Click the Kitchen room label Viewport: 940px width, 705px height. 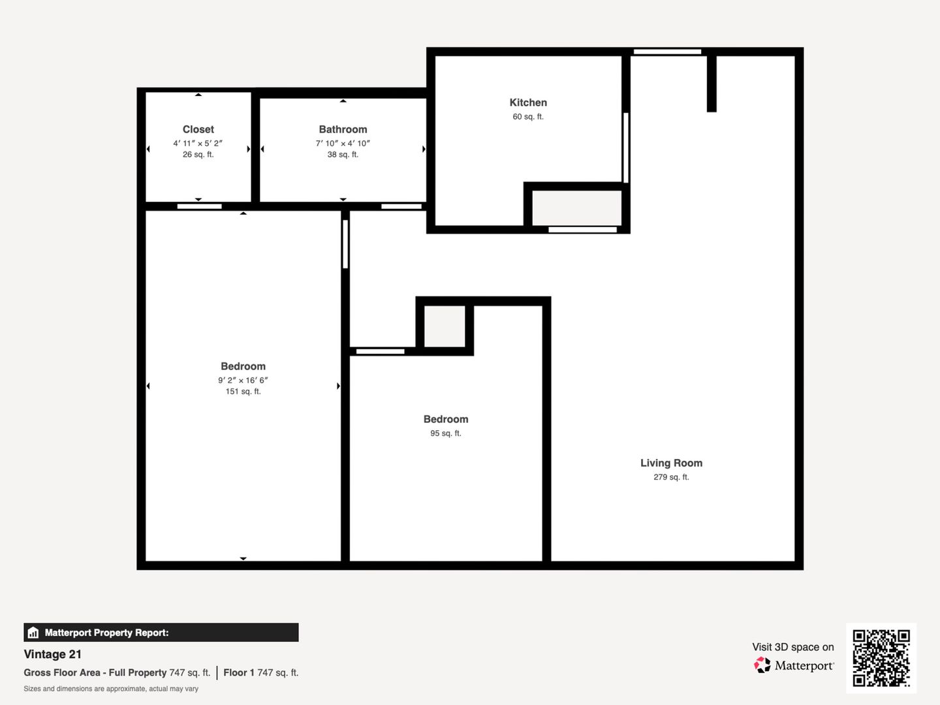528,102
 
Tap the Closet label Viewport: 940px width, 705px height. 198,129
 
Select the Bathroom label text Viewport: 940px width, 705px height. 343,129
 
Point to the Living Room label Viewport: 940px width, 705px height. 671,463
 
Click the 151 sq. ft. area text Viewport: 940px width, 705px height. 243,391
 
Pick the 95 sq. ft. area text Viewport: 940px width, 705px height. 446,433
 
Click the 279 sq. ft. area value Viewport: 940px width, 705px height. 671,477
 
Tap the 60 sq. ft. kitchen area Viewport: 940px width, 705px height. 528,116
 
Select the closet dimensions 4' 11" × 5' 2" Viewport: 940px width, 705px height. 198,144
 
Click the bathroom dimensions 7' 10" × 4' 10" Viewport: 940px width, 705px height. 343,144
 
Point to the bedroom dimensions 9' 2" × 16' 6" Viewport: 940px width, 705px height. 243,380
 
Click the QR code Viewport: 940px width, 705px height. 881,658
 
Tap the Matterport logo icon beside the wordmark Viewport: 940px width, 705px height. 762,665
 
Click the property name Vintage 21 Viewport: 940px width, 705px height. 53,654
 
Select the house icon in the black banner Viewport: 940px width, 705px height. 33,633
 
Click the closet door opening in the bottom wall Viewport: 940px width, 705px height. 200,206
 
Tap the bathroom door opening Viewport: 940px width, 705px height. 401,206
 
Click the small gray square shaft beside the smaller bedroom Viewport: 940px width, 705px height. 445,326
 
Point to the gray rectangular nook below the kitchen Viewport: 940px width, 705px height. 576,208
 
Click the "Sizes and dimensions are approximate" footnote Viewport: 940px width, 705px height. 111,689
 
